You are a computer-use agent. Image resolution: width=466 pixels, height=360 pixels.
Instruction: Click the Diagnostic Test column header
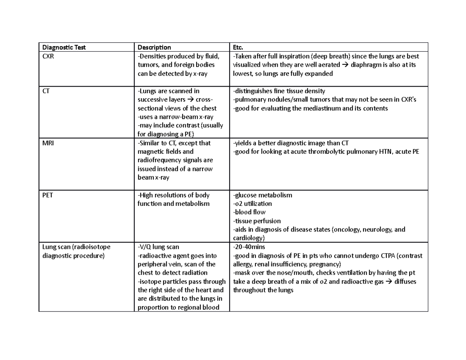(x=64, y=47)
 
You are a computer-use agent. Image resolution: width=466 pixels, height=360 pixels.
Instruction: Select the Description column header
(x=154, y=47)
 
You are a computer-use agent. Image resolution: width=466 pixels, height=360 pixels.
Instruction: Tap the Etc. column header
(x=238, y=47)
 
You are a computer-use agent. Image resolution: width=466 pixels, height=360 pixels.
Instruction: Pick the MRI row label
(x=48, y=143)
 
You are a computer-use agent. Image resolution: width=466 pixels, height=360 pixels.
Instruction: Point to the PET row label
(x=48, y=195)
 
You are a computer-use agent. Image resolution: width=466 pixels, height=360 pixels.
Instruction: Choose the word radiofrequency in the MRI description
(x=159, y=160)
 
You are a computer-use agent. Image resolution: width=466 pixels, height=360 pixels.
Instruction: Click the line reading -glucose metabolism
(x=262, y=195)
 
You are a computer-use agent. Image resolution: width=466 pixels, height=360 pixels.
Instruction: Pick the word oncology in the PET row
(x=348, y=230)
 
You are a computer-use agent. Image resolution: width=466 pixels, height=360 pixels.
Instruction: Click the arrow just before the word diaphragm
(x=345, y=65)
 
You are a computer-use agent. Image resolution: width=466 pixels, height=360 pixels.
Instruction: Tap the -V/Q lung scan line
(x=158, y=247)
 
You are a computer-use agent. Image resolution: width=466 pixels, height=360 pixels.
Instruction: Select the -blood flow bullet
(x=249, y=212)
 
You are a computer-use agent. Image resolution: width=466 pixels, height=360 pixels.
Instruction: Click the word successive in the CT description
(x=153, y=100)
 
